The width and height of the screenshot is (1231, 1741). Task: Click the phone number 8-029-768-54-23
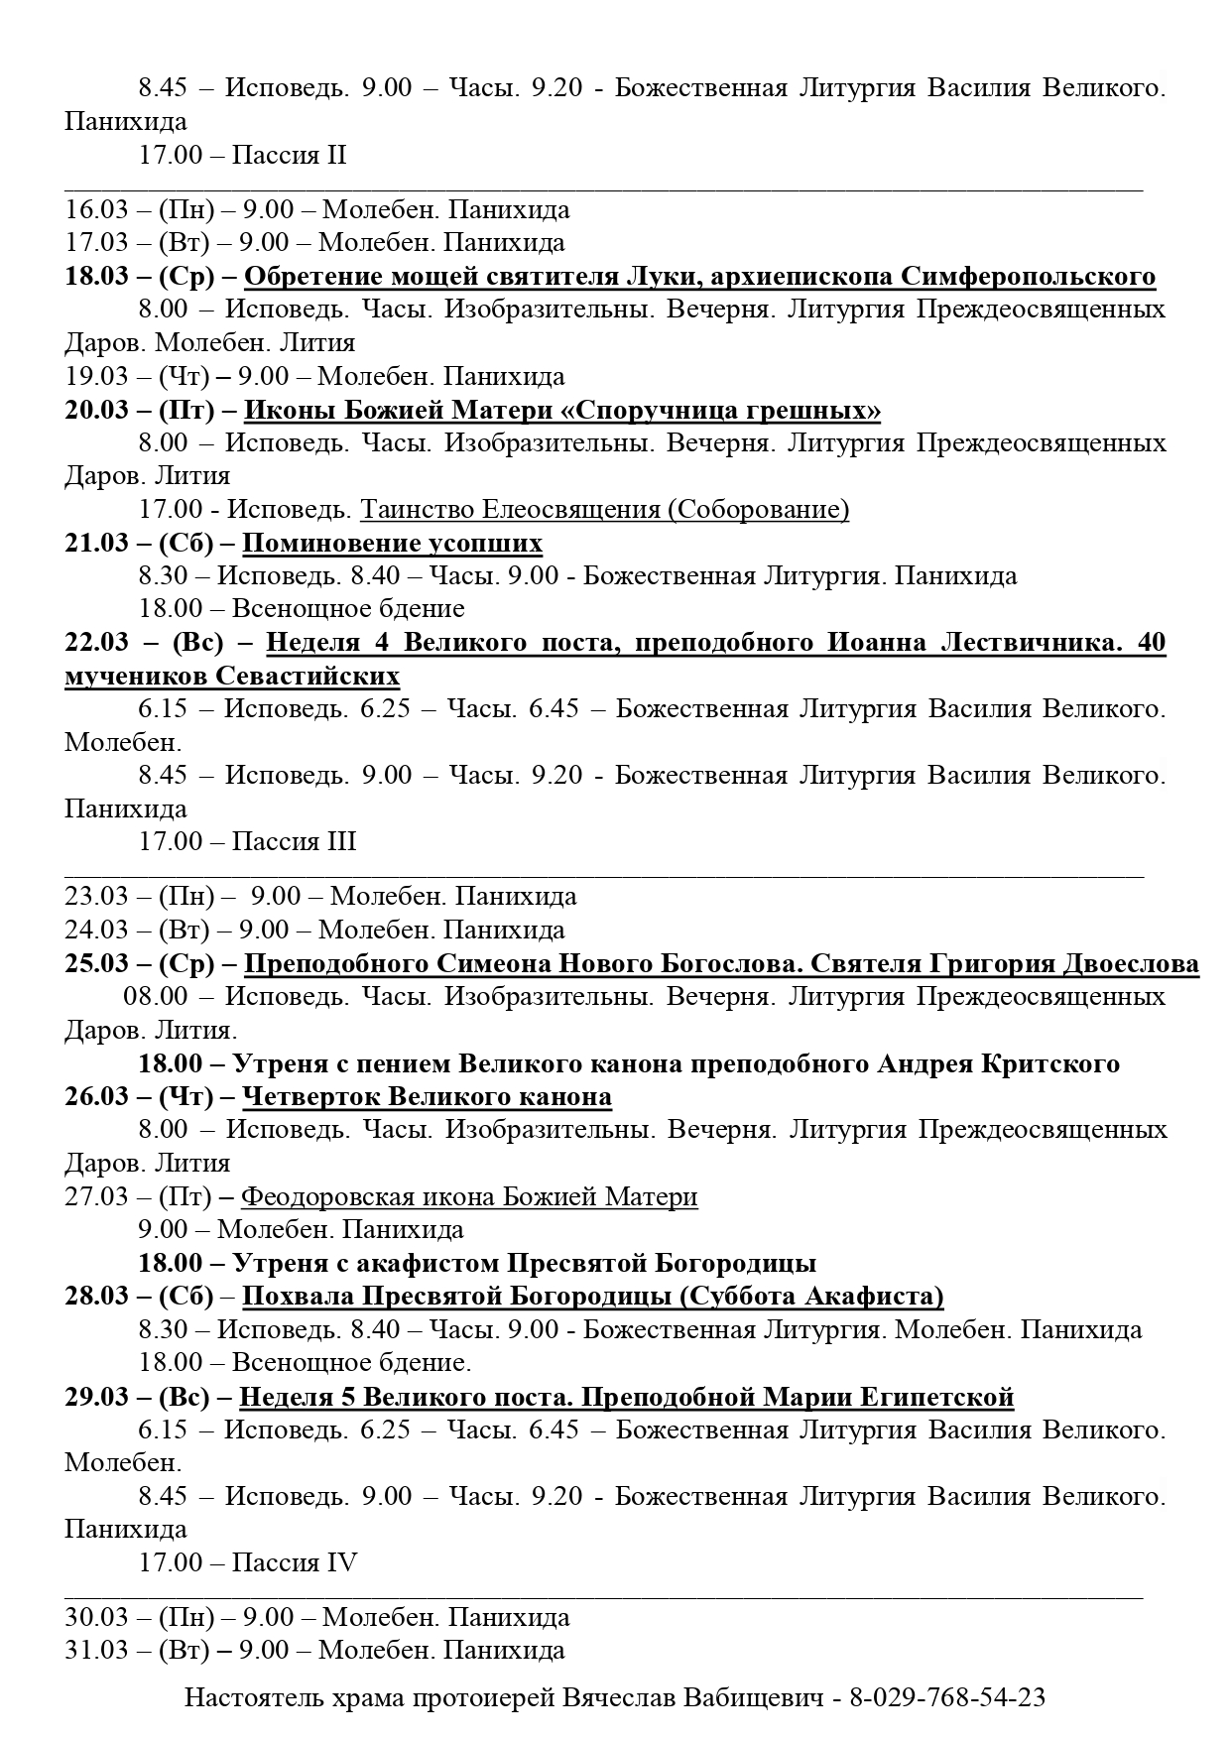tap(947, 1697)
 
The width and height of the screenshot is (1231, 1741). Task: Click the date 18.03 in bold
tap(97, 276)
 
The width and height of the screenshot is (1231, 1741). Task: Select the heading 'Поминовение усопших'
tap(392, 543)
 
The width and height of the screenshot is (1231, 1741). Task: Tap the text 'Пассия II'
tap(289, 155)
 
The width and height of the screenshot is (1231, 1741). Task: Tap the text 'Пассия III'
tap(294, 841)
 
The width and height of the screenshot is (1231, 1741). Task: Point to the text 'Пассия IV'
tap(294, 1562)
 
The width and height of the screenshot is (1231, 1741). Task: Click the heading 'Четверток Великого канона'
tap(427, 1096)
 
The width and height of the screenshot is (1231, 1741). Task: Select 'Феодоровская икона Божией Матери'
tap(469, 1196)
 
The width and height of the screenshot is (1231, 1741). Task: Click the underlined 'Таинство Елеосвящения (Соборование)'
tap(604, 509)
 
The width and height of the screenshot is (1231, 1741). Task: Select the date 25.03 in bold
tap(97, 963)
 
